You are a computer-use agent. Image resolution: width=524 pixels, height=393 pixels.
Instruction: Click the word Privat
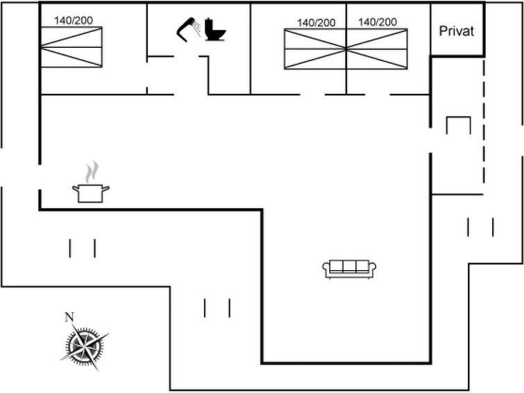pos(457,31)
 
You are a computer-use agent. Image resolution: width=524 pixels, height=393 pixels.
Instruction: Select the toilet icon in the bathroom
pos(215,31)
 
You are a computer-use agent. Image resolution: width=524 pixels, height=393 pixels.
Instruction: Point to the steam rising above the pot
pos(92,172)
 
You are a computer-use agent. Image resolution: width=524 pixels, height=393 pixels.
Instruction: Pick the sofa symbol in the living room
pos(349,268)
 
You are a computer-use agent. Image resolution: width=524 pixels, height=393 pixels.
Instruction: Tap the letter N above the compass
pos(69,317)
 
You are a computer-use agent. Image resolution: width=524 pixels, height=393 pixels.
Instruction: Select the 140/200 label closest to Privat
pos(378,22)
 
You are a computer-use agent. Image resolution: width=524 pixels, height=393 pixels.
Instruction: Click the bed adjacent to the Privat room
pos(377,49)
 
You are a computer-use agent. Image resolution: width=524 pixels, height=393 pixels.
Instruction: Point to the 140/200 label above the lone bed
pos(74,20)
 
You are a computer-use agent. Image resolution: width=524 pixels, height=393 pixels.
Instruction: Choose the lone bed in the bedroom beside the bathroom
pos(71,47)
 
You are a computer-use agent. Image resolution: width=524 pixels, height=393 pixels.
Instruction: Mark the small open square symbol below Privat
pos(458,125)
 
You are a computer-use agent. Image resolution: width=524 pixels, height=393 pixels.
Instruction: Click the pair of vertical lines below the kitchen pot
pos(82,248)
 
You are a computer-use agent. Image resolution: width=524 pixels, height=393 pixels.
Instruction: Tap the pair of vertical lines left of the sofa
pos(217,308)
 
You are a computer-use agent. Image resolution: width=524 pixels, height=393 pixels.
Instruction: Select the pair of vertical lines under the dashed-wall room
pos(480,227)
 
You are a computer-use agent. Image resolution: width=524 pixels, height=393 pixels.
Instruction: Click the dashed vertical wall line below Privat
pos(482,118)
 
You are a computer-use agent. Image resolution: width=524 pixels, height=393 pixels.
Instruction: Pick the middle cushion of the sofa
pos(349,267)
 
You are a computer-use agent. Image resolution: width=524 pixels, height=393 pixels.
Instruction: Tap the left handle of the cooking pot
pos(74,187)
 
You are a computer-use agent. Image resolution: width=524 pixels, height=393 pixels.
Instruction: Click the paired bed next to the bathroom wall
pos(315,49)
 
